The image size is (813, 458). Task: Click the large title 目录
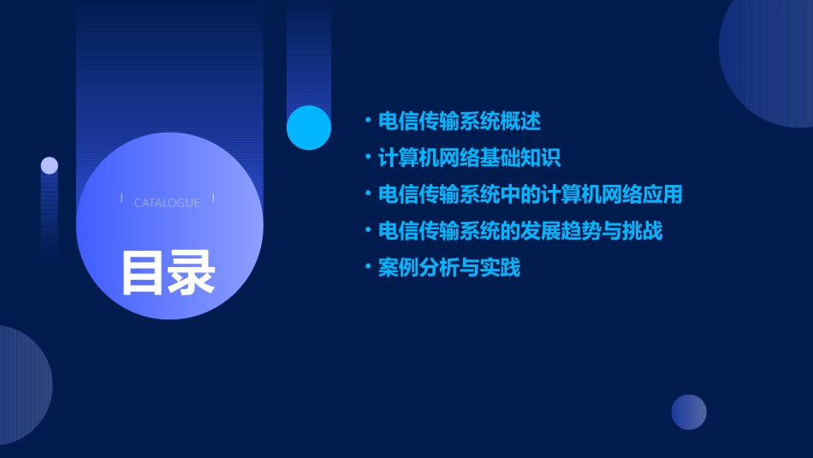[x=168, y=272]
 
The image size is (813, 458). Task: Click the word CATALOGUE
[x=167, y=203]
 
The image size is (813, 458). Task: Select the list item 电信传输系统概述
[x=460, y=122]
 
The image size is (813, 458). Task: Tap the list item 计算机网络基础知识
[x=470, y=158]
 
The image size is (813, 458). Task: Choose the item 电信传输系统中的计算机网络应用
[x=531, y=194]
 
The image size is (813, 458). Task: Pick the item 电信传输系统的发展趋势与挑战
[x=520, y=231]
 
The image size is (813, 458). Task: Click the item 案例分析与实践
[x=449, y=268]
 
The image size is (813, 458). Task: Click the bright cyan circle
[x=309, y=128]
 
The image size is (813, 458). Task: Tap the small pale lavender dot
[x=50, y=165]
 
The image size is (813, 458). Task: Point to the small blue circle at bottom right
[x=689, y=412]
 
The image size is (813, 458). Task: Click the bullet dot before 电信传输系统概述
[x=368, y=122]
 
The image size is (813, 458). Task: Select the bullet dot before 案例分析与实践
[x=368, y=268]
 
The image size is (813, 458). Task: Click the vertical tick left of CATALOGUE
[x=122, y=199]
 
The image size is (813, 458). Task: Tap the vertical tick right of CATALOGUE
[x=213, y=199]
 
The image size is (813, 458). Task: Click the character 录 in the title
[x=192, y=272]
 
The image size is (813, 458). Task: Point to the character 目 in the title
[x=143, y=272]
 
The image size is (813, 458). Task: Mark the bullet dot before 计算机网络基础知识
[x=368, y=158]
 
